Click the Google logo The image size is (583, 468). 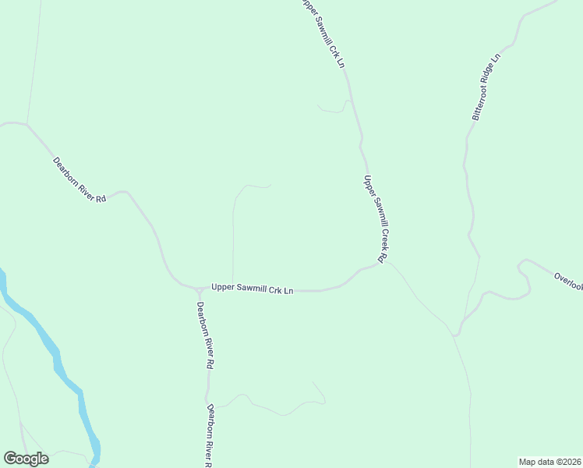[26, 459]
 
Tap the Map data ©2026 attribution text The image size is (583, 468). [549, 461]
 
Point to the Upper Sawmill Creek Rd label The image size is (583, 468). [376, 218]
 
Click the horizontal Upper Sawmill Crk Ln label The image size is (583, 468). [252, 289]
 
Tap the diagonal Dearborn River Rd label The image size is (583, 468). [79, 180]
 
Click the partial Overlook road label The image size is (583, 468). [568, 282]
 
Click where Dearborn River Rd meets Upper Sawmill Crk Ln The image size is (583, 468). [199, 289]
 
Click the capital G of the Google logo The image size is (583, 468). [10, 459]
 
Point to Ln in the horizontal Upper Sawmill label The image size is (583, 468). [288, 291]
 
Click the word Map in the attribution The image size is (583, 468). [528, 461]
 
